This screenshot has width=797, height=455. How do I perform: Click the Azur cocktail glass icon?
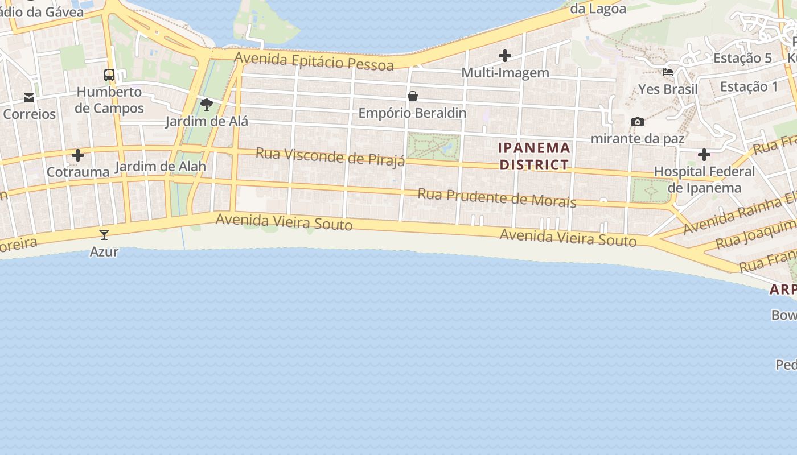104,234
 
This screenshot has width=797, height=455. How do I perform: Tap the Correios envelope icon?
29,98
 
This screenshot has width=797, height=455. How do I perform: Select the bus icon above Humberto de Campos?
109,75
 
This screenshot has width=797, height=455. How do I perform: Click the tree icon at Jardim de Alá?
207,105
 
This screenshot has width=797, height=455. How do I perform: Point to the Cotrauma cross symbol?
78,155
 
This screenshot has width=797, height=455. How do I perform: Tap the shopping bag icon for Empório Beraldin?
413,96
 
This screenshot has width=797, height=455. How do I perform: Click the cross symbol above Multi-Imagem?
505,56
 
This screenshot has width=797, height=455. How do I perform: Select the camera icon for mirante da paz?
638,122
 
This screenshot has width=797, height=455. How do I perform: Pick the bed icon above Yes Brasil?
668,72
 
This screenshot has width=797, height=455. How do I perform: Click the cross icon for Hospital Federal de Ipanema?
704,155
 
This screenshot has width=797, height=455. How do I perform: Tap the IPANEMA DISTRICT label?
534,156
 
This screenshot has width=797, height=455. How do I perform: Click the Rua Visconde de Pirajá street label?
330,156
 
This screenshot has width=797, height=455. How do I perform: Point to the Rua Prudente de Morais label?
497,198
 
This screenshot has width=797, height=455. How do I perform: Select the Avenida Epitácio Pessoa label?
314,61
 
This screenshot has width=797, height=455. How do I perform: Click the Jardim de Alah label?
160,167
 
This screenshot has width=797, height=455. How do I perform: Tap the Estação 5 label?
742,58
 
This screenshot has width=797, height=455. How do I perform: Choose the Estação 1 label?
749,86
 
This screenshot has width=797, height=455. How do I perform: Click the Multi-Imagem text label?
505,73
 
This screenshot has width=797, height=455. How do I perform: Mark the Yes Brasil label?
668,89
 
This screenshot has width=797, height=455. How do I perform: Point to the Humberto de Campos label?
109,100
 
